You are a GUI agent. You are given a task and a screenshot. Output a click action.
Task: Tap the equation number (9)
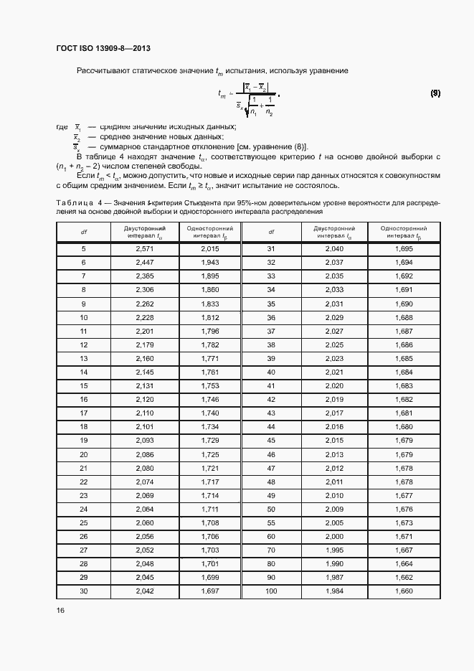point(435,94)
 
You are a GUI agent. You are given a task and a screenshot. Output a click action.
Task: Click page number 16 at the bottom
point(61,610)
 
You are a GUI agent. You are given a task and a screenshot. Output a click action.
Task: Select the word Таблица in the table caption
point(75,203)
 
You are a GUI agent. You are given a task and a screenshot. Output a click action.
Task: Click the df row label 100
point(271,591)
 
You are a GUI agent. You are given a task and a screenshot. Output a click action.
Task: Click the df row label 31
point(271,249)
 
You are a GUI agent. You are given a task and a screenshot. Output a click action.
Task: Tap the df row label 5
point(83,249)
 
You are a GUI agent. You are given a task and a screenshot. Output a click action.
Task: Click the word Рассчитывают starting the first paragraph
point(102,70)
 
